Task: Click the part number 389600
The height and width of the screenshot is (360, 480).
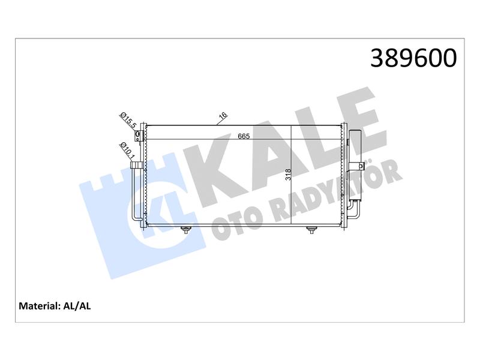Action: coord(413,58)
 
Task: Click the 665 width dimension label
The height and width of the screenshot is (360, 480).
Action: coord(244,136)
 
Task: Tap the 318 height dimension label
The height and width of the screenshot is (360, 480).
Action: coord(288,175)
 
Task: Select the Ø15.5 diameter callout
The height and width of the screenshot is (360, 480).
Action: coord(128,121)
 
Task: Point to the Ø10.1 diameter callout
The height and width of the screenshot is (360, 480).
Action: coord(127,151)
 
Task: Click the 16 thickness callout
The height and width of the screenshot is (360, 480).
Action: coord(223,115)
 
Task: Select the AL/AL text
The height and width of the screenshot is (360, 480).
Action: coord(77,306)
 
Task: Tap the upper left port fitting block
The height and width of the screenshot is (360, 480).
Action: coord(139,135)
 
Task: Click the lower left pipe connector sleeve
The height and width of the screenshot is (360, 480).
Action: coord(137,166)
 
